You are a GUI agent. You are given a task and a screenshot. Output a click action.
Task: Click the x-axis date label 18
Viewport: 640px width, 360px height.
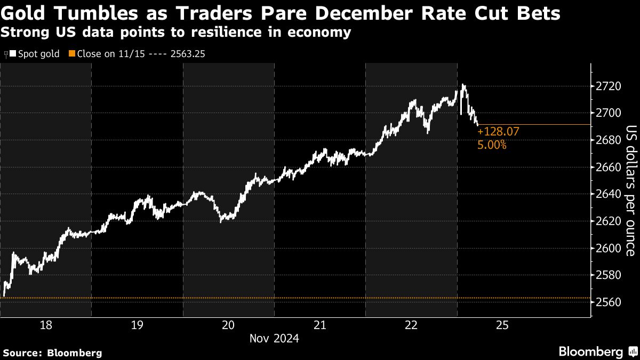pyautogui.click(x=46, y=325)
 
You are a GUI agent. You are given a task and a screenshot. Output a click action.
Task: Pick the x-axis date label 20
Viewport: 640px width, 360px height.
pyautogui.click(x=228, y=325)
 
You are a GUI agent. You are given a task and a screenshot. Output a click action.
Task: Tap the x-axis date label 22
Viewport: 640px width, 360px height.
pyautogui.click(x=411, y=325)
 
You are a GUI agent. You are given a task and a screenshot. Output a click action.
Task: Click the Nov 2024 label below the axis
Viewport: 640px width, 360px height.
pyautogui.click(x=274, y=338)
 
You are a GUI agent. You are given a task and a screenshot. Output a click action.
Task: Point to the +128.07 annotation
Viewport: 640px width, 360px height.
pyautogui.click(x=498, y=131)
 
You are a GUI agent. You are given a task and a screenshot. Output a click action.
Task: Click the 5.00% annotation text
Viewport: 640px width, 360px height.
pyautogui.click(x=492, y=144)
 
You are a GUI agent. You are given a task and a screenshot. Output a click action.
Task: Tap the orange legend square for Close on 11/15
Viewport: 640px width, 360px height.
pyautogui.click(x=71, y=53)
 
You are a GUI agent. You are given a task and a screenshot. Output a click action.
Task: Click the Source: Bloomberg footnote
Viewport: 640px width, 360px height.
pyautogui.click(x=52, y=353)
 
